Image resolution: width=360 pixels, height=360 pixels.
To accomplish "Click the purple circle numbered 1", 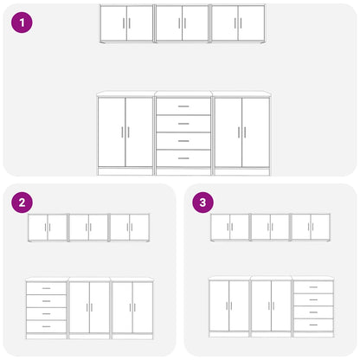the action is tap(22, 22).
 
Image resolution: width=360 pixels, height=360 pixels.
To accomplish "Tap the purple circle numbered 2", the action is tap(22, 202).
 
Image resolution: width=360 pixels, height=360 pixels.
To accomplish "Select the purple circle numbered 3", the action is tap(202, 202).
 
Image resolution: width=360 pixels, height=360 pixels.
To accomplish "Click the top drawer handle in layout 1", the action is tap(183, 106).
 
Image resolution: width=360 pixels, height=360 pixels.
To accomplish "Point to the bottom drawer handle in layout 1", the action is tap(183, 158).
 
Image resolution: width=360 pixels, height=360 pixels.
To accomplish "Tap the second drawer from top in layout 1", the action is tap(183, 124).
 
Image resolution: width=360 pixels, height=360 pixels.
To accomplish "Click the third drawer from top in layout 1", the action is tap(183, 141).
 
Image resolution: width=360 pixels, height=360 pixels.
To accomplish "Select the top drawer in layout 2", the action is tap(46, 288).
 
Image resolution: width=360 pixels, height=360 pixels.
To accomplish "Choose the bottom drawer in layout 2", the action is tap(46, 326).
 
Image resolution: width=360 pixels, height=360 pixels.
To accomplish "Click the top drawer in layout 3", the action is tap(313, 287).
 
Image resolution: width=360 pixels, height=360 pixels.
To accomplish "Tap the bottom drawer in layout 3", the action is tap(313, 325).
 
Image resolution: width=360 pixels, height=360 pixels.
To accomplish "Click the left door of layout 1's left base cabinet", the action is tap(112, 132).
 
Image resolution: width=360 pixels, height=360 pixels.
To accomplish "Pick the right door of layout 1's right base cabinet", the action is tap(255, 132).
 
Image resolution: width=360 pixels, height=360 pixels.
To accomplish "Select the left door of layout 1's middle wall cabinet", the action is tap(169, 23).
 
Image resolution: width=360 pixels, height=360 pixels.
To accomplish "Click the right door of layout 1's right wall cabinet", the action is tap(251, 23).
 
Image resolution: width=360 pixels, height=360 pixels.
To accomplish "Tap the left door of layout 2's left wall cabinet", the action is tap(38, 228).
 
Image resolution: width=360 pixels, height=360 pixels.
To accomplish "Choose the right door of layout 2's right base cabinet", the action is tap(143, 307).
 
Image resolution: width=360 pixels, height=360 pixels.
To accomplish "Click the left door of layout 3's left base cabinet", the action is tap(219, 306).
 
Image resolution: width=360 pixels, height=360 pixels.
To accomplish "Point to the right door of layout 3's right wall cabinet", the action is tap(320, 227).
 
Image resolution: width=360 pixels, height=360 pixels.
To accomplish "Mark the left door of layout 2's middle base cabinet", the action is tap(80, 307).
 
